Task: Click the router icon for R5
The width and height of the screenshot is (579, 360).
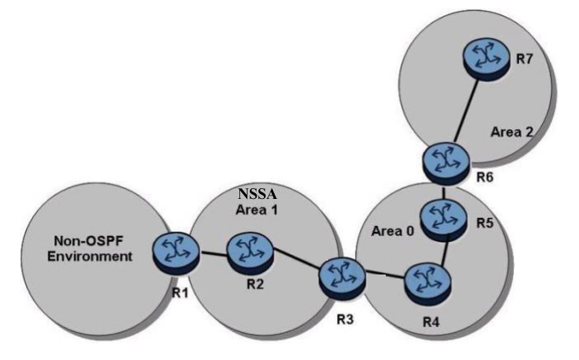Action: click(444, 219)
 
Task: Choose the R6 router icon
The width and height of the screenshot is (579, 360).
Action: click(444, 161)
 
